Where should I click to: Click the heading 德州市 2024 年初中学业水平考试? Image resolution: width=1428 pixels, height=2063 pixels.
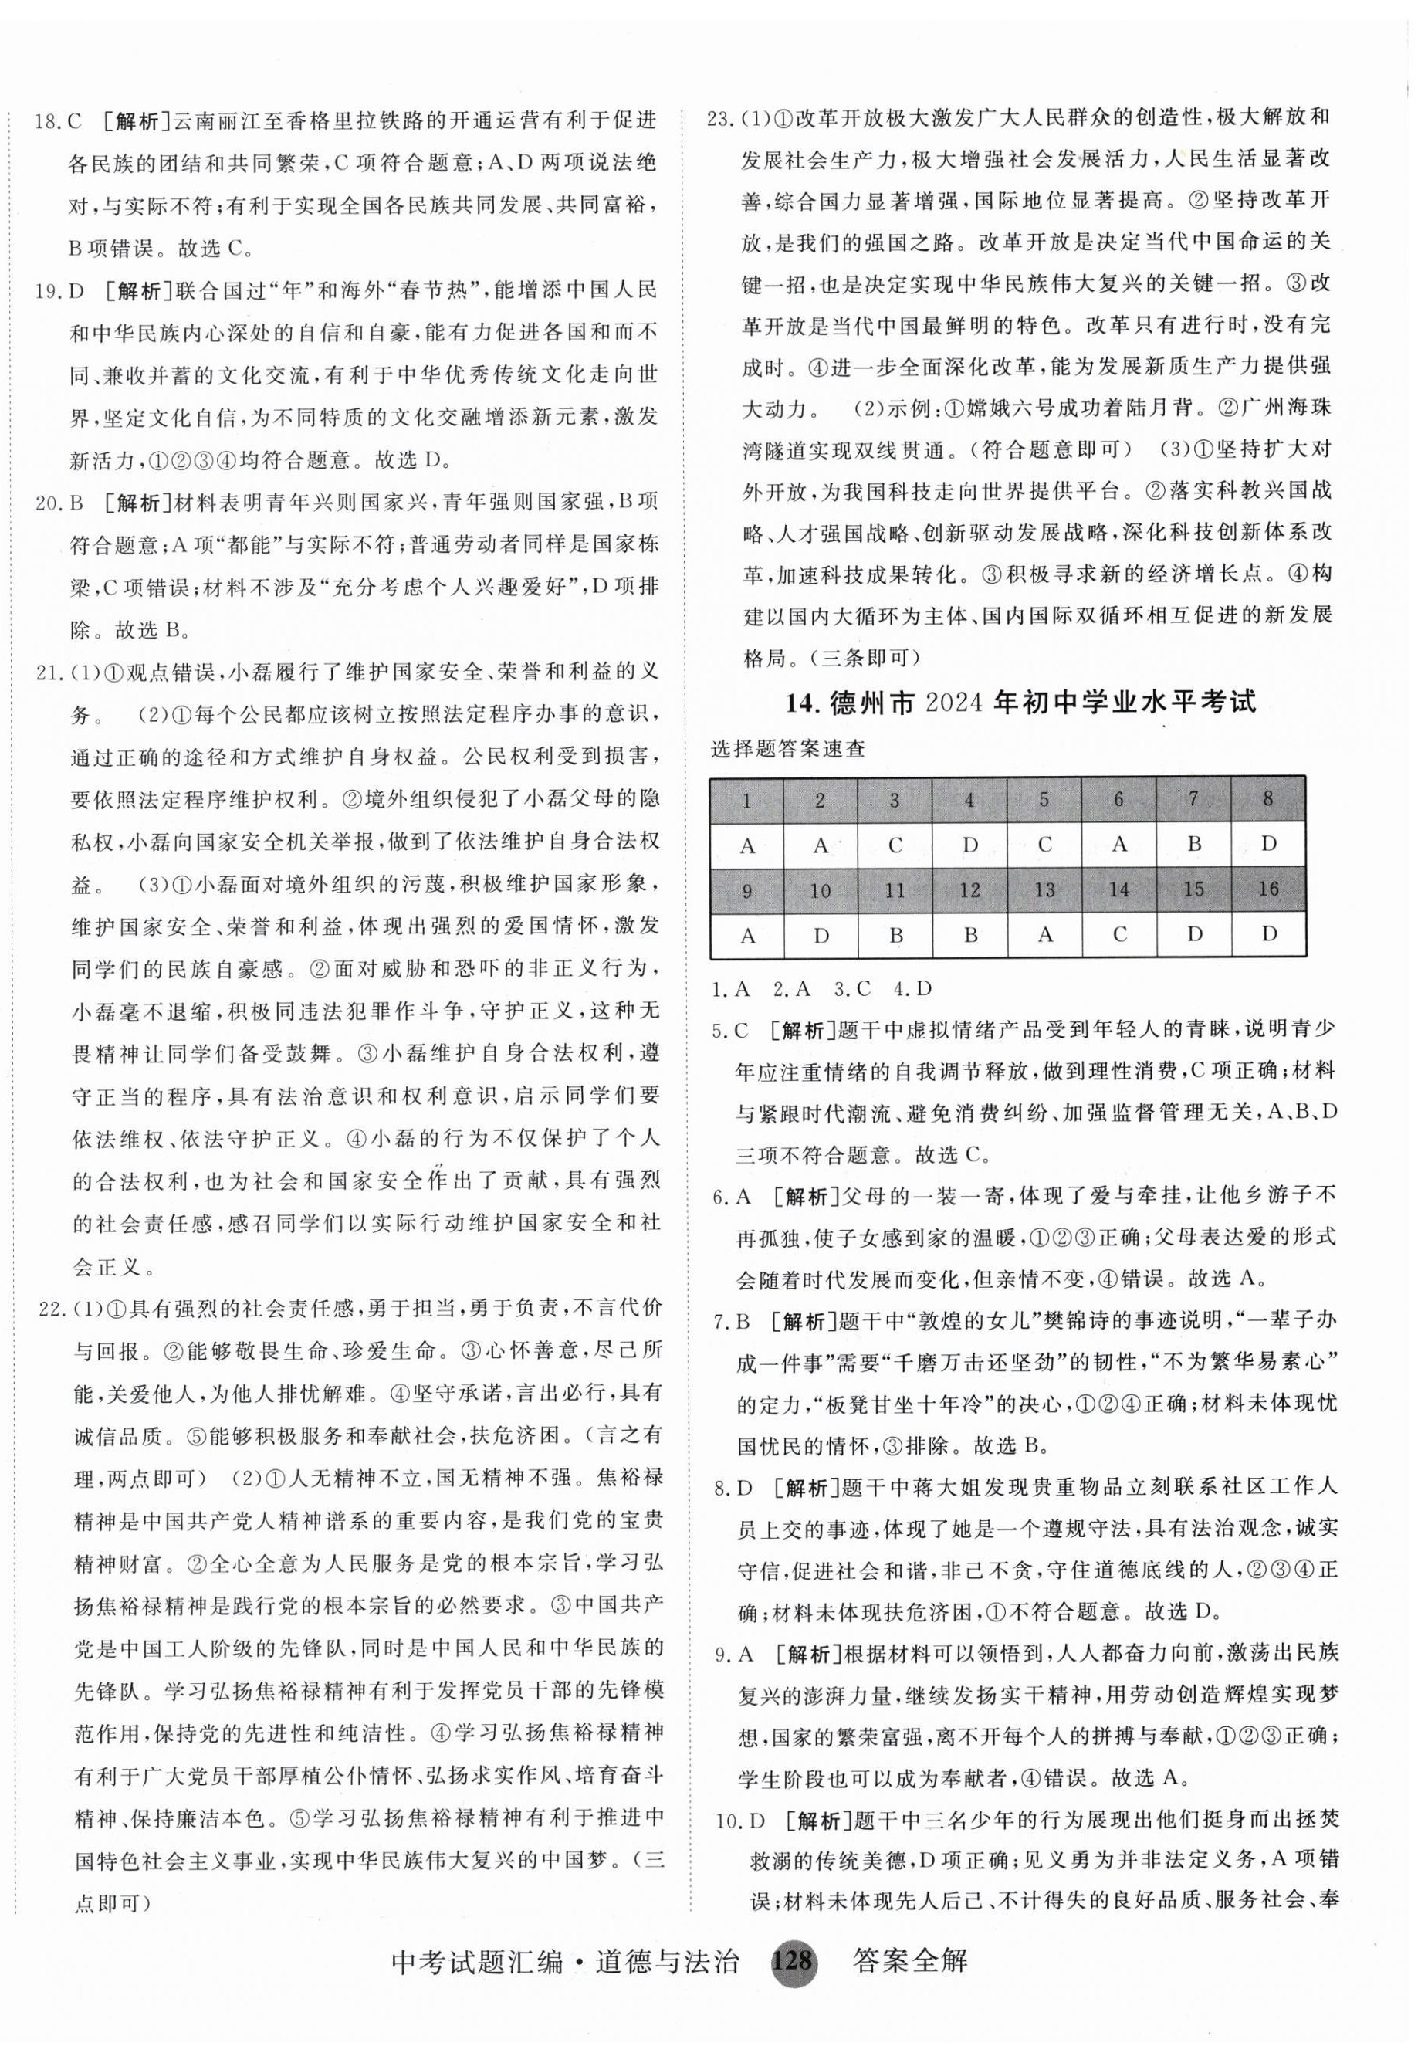tap(1021, 703)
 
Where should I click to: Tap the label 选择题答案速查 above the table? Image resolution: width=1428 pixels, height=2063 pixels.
tap(788, 749)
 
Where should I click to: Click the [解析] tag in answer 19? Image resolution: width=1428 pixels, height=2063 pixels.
tap(131, 291)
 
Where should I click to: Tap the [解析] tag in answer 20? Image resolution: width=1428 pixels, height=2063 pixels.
tap(131, 502)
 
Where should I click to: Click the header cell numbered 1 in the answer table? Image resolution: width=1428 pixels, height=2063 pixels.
tap(747, 798)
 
